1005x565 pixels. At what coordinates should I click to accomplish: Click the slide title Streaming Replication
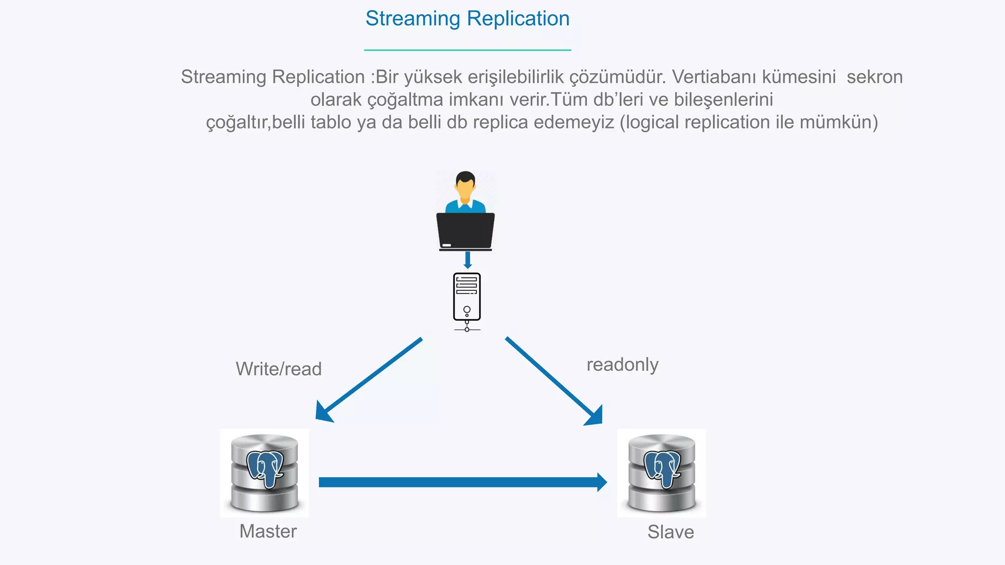[x=467, y=19]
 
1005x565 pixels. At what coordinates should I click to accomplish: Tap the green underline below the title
[x=467, y=50]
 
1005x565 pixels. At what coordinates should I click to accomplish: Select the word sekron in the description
[x=874, y=77]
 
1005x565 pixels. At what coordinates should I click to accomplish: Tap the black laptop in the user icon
[x=465, y=231]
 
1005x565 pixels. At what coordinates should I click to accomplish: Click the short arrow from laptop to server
[x=467, y=259]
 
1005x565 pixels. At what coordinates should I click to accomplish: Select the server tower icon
[x=467, y=297]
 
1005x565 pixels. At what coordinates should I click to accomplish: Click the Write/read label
[x=278, y=369]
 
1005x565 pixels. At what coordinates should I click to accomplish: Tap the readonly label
[x=622, y=364]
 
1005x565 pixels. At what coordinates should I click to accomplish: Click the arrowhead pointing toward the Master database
[x=323, y=412]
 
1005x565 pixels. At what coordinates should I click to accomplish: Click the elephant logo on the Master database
[x=265, y=468]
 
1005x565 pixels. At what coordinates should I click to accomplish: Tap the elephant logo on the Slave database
[x=662, y=468]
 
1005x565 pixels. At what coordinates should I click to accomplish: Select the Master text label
[x=268, y=531]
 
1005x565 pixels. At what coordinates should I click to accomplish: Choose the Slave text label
[x=670, y=532]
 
